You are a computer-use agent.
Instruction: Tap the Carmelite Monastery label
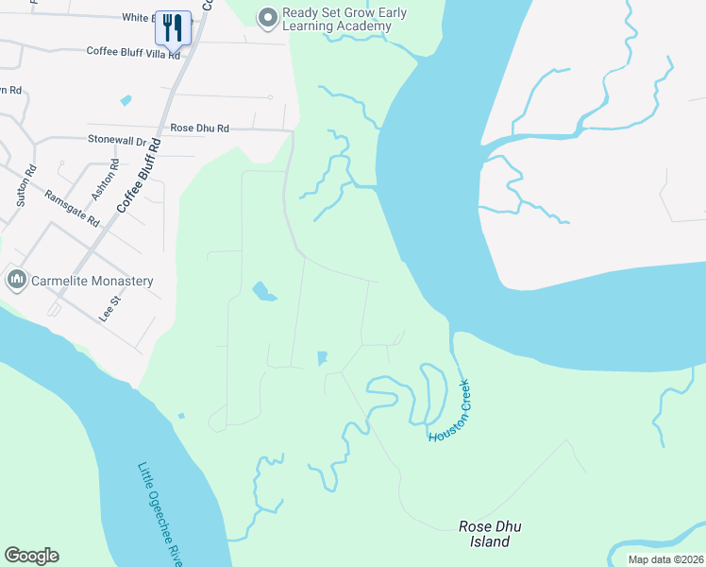[x=92, y=281]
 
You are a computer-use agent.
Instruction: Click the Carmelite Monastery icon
[x=16, y=280]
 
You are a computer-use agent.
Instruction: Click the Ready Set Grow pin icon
[x=268, y=17]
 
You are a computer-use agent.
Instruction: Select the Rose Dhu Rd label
[x=199, y=128]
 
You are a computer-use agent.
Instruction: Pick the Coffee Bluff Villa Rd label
[x=132, y=52]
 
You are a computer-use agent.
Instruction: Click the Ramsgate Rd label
[x=72, y=208]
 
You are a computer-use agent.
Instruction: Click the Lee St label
[x=110, y=308]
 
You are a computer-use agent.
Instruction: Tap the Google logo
[x=31, y=556]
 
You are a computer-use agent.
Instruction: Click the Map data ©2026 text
[x=665, y=559]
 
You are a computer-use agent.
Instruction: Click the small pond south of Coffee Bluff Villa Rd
[x=126, y=100]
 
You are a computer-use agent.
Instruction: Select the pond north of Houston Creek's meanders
[x=322, y=358]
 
